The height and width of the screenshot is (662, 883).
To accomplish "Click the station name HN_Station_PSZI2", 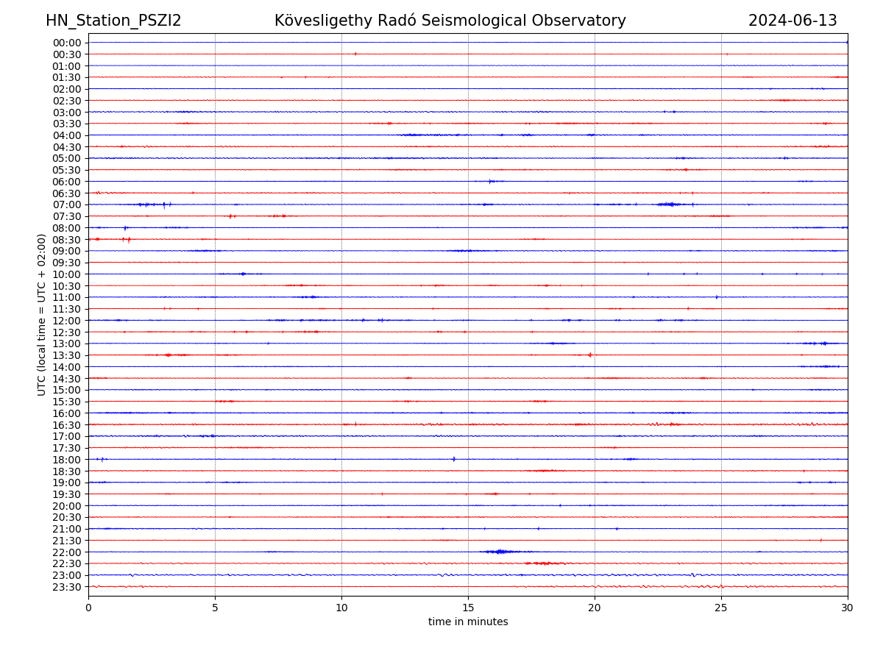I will (113, 21).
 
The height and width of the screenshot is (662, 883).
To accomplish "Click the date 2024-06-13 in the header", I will (792, 21).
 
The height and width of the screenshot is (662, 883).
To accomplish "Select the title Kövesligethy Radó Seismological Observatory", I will (450, 21).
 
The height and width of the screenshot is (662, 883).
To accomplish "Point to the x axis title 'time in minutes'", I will (468, 622).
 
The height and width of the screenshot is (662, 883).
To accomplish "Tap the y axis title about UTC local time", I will (42, 314).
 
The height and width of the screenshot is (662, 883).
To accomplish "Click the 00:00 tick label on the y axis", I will (67, 43).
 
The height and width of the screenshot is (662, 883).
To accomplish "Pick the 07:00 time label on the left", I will (67, 204).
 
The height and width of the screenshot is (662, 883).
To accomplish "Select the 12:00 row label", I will (67, 321).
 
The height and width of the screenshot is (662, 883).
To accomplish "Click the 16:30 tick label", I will (67, 424).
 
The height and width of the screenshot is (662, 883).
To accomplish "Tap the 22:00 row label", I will (67, 552).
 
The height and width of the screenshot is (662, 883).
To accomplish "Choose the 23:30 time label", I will (67, 587).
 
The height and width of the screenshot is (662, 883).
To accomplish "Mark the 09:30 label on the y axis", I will (67, 263).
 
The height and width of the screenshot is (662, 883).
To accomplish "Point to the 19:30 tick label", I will (67, 494).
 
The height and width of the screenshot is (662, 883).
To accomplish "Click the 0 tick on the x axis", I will (88, 608).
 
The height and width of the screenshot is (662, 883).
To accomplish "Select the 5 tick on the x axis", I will (215, 608).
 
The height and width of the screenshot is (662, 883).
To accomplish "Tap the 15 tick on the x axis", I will (468, 608).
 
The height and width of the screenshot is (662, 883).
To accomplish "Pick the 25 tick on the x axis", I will (721, 608).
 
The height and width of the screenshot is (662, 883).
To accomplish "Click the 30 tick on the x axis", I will (848, 608).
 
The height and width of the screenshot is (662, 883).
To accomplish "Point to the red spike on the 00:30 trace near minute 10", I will (355, 54).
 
